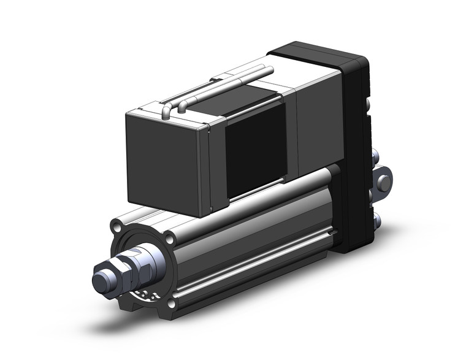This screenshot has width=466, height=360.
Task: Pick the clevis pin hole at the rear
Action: click(x=385, y=183)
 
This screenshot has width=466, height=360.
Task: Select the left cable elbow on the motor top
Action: click(x=167, y=111)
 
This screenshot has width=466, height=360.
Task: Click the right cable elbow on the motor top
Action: click(x=183, y=106)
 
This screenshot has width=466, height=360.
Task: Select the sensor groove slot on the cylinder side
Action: click(x=258, y=251)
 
